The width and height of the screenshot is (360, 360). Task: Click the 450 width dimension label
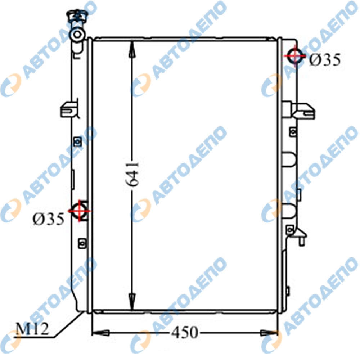pyautogui.click(x=185, y=332)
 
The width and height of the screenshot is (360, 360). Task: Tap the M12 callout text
pyautogui.click(x=32, y=329)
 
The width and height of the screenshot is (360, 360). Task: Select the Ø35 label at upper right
pyautogui.click(x=325, y=60)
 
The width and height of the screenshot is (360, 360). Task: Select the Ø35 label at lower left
pyautogui.click(x=49, y=219)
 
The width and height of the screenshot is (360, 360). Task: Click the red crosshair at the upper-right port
pyautogui.click(x=295, y=55)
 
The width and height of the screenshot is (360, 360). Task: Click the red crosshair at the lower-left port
pyautogui.click(x=80, y=211)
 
